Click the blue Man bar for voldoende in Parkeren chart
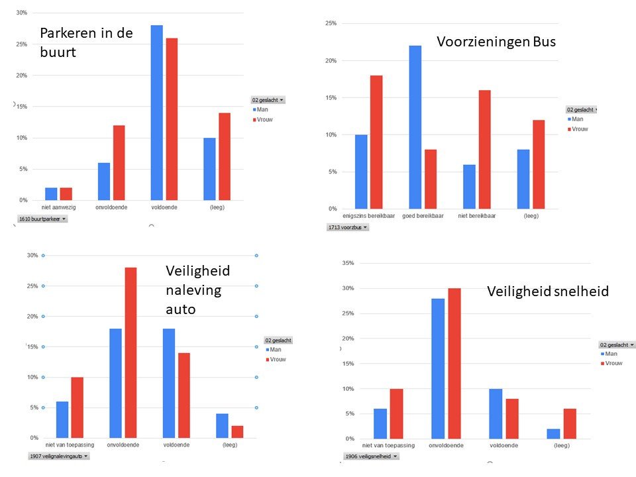[x=156, y=113]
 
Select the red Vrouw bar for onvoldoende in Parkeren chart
[x=119, y=162]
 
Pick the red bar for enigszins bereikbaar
[x=376, y=142]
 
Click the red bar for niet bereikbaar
[x=484, y=150]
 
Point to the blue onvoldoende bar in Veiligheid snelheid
[x=438, y=368]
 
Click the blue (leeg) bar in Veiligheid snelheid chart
[x=553, y=433]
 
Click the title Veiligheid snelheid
[x=547, y=291]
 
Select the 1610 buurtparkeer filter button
[x=42, y=219]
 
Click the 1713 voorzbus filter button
[x=348, y=227]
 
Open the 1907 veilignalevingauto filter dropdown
[x=58, y=456]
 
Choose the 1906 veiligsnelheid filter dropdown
[x=372, y=456]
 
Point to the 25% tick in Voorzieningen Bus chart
[x=330, y=24]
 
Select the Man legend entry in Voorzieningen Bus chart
[x=577, y=119]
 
